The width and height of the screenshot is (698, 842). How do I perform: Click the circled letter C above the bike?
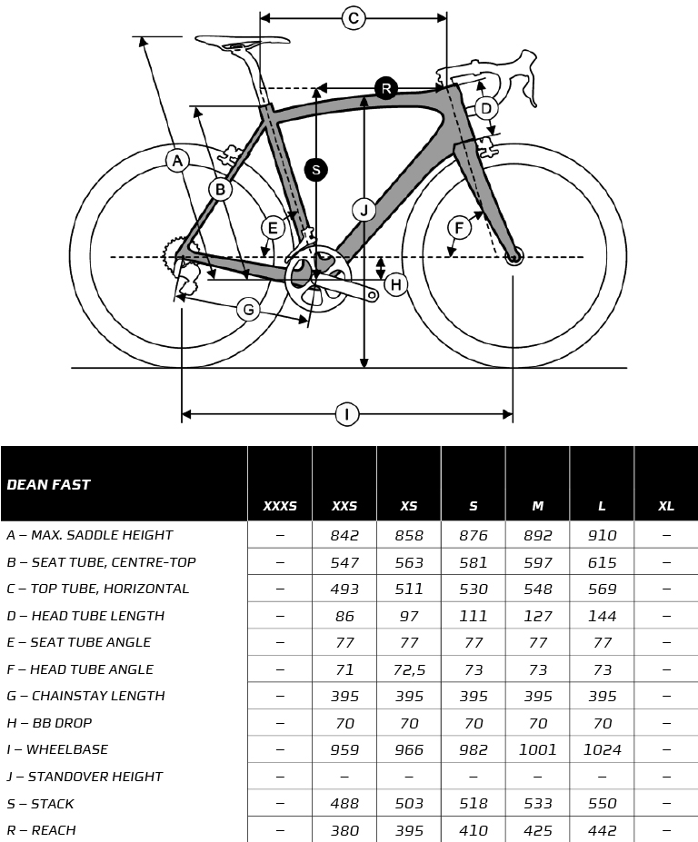click(x=353, y=18)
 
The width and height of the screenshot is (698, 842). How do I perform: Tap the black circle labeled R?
click(x=385, y=88)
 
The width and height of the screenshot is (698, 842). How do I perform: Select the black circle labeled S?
click(x=316, y=170)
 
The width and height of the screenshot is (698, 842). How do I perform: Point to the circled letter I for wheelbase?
click(x=346, y=414)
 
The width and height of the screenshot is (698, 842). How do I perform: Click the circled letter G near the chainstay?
click(x=248, y=310)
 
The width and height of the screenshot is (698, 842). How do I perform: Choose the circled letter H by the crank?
click(x=395, y=284)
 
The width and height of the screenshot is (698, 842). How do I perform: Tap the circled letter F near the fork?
click(x=459, y=228)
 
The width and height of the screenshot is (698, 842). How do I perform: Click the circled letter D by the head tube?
click(x=485, y=108)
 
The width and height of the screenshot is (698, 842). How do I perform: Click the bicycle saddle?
click(x=242, y=42)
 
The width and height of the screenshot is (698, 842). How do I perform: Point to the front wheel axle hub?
click(x=514, y=257)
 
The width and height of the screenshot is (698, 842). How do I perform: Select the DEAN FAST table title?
click(x=48, y=485)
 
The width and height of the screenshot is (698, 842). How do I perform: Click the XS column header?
click(x=409, y=506)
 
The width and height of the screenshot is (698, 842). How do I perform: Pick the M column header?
click(x=537, y=506)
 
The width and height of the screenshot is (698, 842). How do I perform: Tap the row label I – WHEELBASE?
click(x=57, y=749)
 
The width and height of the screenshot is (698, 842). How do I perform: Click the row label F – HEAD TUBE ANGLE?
click(x=80, y=669)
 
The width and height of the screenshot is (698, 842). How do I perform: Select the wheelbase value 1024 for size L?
click(x=602, y=749)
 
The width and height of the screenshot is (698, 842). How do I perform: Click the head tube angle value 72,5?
click(x=409, y=669)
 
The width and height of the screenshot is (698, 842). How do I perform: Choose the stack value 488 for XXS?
click(x=344, y=803)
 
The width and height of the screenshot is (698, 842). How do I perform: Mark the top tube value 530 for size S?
click(x=474, y=589)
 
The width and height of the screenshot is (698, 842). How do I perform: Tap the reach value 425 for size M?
click(x=537, y=830)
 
